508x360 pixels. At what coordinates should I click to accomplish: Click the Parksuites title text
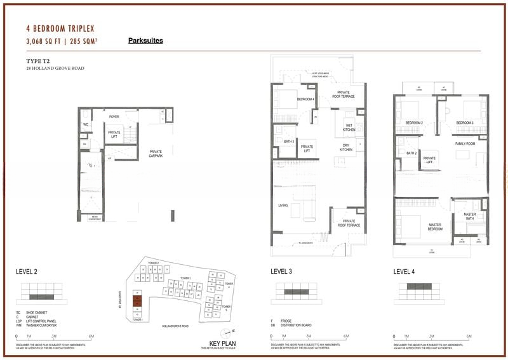click(x=145, y=41)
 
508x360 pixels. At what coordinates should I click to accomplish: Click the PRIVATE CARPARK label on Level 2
click(x=156, y=152)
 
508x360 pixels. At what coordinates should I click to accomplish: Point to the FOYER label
click(x=114, y=117)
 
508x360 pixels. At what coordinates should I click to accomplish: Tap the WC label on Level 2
click(x=86, y=124)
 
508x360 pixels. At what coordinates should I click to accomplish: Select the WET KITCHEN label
click(x=349, y=127)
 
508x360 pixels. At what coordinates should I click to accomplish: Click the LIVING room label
click(x=283, y=205)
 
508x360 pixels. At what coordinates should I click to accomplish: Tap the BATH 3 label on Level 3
click(x=289, y=141)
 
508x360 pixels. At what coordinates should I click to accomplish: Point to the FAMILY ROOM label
click(x=465, y=144)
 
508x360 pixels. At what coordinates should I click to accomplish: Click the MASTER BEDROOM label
click(x=435, y=227)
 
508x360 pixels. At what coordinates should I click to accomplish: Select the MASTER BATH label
click(x=470, y=216)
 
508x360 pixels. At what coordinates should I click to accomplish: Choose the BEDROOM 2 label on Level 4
click(x=414, y=123)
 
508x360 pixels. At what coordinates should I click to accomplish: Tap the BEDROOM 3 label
click(x=465, y=123)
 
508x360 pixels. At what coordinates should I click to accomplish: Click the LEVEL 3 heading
click(x=281, y=272)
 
